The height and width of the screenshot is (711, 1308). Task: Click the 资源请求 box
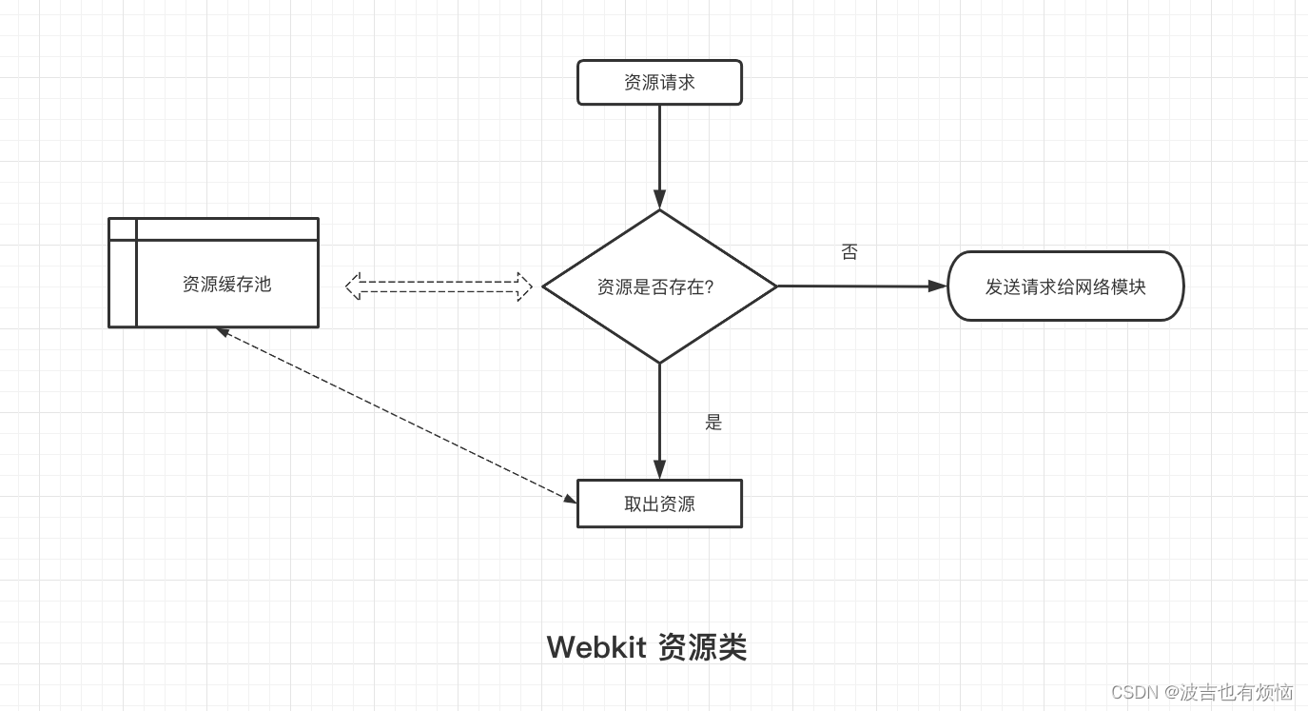659,83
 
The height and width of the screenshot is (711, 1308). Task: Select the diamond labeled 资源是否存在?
659,286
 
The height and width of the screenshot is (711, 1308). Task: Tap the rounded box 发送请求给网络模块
1065,286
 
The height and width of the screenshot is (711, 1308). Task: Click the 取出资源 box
659,504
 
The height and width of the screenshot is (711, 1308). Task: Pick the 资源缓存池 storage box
226,284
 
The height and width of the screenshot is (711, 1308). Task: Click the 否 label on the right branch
849,252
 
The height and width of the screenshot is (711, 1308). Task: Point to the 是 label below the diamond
713,423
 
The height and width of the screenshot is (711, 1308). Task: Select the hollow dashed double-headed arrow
439,286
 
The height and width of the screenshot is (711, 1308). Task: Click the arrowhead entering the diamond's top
659,200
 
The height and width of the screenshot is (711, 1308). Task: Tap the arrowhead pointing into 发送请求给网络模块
938,286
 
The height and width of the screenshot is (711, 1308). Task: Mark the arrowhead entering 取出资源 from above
659,469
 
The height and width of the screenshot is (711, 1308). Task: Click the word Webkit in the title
596,647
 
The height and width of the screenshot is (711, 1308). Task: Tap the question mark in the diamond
708,286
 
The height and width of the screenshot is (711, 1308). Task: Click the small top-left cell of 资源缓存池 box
123,228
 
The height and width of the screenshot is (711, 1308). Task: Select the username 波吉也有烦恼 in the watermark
1237,692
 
